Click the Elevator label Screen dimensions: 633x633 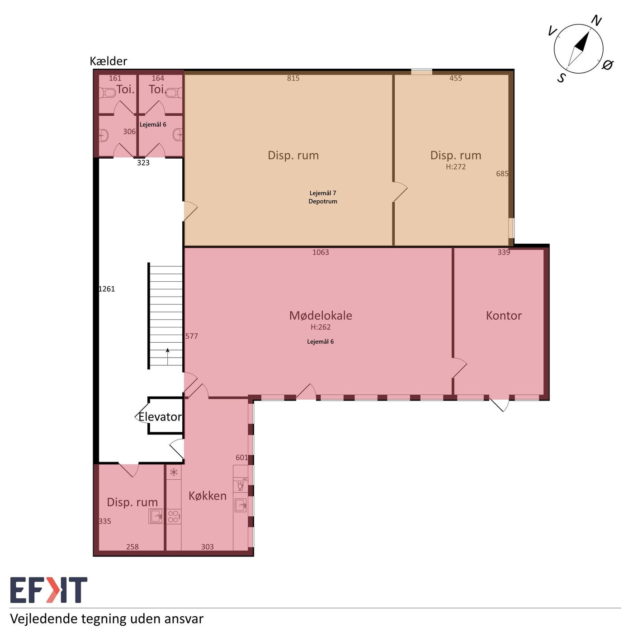tap(160, 417)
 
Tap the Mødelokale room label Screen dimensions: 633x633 tap(321, 316)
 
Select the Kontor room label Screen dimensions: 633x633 tap(504, 316)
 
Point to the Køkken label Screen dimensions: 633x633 tap(207, 496)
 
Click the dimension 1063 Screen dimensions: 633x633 tap(321, 252)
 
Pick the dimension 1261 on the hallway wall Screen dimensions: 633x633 tap(107, 289)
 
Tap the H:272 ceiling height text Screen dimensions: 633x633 tap(456, 166)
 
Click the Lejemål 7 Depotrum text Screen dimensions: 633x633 tap(322, 197)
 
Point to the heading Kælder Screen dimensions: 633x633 tap(109, 61)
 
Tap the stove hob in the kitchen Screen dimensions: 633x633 tap(173, 516)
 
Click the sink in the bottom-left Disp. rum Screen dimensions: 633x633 tap(156, 516)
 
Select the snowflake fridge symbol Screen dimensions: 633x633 tap(174, 472)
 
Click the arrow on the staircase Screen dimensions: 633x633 tap(168, 356)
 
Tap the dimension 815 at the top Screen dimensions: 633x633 tap(293, 78)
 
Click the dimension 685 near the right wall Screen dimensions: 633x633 tap(502, 174)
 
